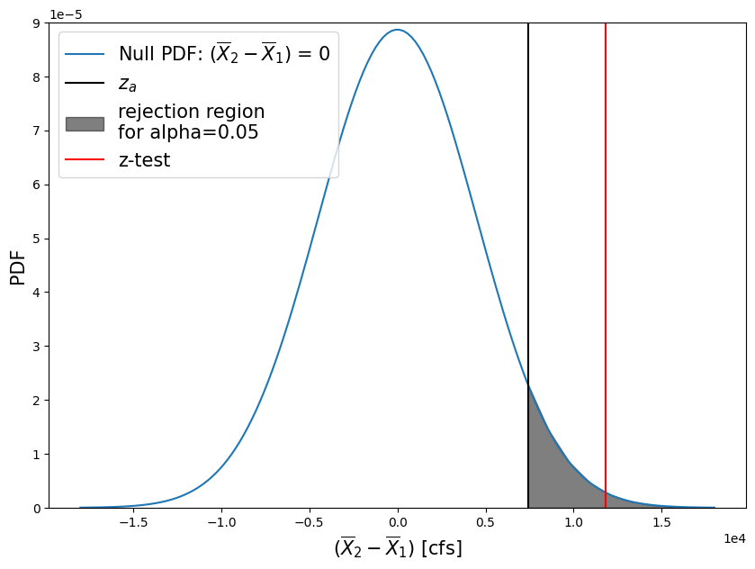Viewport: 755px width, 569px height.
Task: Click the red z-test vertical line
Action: [x=606, y=270]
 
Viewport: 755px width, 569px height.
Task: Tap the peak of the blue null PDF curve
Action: [x=398, y=30]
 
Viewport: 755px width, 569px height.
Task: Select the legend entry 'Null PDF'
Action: [x=224, y=54]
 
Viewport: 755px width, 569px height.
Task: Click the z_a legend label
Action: [x=127, y=85]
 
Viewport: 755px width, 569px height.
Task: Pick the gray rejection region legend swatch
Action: [x=85, y=123]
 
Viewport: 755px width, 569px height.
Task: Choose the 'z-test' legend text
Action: [x=144, y=161]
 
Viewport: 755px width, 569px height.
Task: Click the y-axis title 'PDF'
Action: [x=18, y=266]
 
